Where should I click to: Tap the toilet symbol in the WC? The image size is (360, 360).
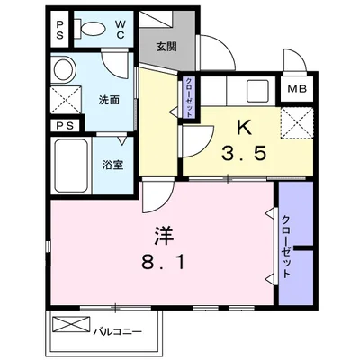pos(87,27)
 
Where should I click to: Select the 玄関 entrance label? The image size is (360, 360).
pos(165,48)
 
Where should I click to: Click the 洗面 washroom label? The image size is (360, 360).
pos(108,100)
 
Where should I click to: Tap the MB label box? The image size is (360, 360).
pos(295,90)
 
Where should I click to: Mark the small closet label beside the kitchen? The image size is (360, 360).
pos(189,93)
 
